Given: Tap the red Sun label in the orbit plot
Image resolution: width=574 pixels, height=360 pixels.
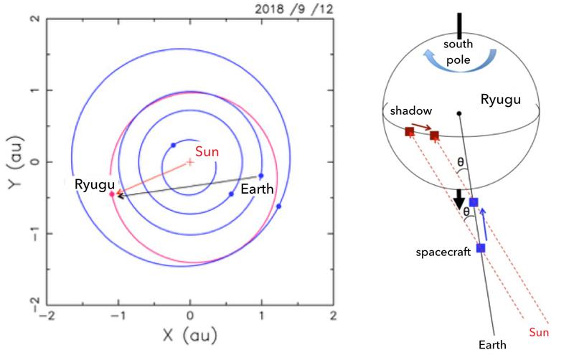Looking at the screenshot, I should pos(208,151).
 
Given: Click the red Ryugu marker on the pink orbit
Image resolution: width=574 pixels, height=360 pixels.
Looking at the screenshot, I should pos(112,194).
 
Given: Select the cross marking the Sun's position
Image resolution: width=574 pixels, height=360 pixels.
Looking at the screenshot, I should pos(189,162).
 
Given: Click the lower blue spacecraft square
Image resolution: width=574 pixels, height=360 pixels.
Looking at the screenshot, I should pos(481,248).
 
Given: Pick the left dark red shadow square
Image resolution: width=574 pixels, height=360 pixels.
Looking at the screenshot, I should pos(409,131).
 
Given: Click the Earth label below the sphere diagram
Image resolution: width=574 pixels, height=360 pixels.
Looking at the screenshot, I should pos(494,344).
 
